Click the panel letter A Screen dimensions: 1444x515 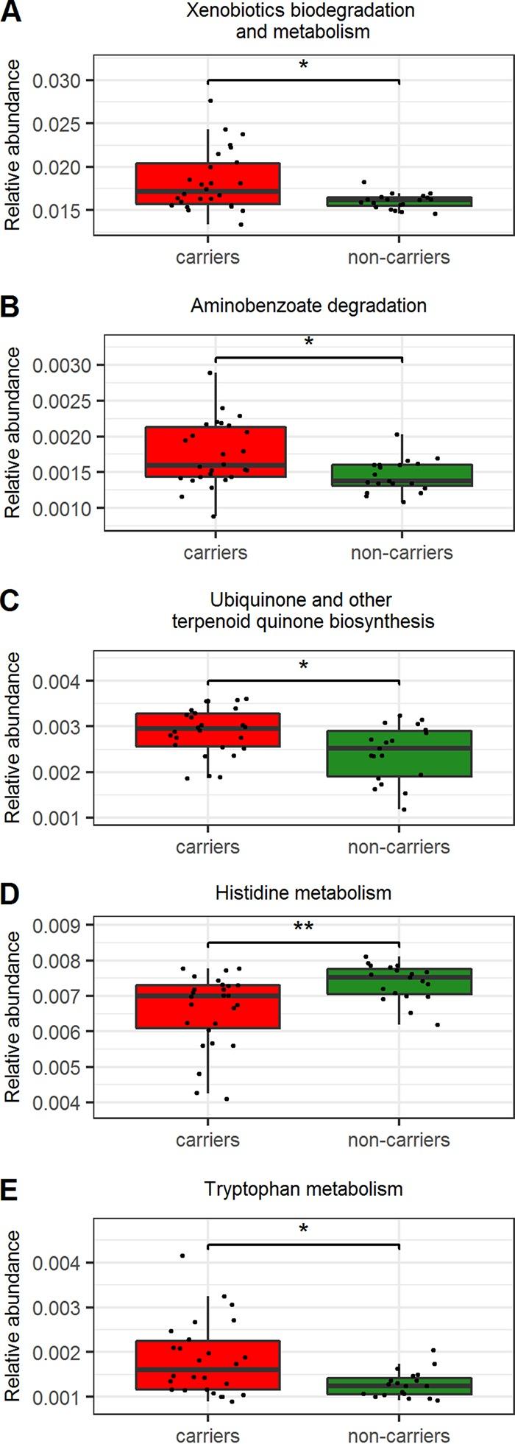point(10,13)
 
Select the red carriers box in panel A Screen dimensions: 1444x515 point(207,183)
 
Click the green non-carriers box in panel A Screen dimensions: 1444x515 point(398,202)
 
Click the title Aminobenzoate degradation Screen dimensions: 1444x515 point(308,306)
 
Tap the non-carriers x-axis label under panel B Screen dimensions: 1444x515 point(401,552)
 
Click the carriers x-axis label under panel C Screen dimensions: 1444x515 point(207,847)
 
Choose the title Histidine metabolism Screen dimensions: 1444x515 point(303,893)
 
